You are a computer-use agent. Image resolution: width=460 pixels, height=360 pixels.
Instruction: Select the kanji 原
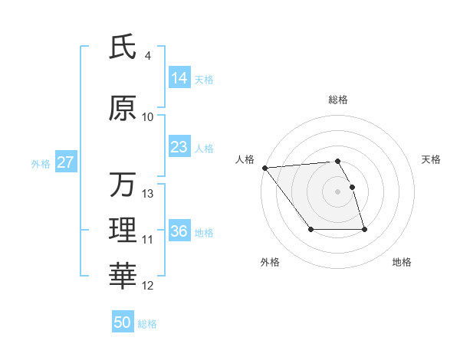pyautogui.click(x=123, y=108)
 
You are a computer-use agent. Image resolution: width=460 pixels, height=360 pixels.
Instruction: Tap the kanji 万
pyautogui.click(x=123, y=185)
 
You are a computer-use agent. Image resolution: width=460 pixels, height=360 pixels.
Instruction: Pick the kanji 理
pyautogui.click(x=123, y=231)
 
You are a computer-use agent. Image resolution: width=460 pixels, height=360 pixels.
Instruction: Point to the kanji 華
pyautogui.click(x=123, y=277)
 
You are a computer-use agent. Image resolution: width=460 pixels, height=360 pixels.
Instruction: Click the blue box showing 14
pyautogui.click(x=179, y=78)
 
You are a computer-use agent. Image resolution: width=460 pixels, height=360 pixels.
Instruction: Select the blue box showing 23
pyautogui.click(x=179, y=147)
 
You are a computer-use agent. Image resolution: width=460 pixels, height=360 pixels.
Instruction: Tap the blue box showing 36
pyautogui.click(x=179, y=231)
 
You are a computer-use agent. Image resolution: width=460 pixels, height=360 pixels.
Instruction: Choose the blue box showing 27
pyautogui.click(x=65, y=162)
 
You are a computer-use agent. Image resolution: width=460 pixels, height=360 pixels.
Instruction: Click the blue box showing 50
pyautogui.click(x=123, y=322)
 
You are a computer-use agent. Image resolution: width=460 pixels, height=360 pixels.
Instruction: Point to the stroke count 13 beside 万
pyautogui.click(x=148, y=194)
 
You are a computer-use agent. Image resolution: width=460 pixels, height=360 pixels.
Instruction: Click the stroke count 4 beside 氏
pyautogui.click(x=147, y=56)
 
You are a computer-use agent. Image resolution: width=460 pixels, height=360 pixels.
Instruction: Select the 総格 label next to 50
pyautogui.click(x=147, y=324)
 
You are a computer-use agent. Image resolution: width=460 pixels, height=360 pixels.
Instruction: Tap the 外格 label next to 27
pyautogui.click(x=40, y=163)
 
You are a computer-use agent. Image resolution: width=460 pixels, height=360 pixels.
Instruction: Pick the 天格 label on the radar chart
pyautogui.click(x=431, y=159)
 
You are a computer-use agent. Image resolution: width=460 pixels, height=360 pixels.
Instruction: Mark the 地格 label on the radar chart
pyautogui.click(x=402, y=262)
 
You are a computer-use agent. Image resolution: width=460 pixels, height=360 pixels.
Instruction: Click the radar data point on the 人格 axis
pyautogui.click(x=264, y=168)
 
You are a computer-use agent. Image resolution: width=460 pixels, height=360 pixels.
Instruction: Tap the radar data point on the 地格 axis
pyautogui.click(x=364, y=230)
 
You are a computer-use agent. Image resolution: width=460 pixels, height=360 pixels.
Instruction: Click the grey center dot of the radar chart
pyautogui.click(x=337, y=191)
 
